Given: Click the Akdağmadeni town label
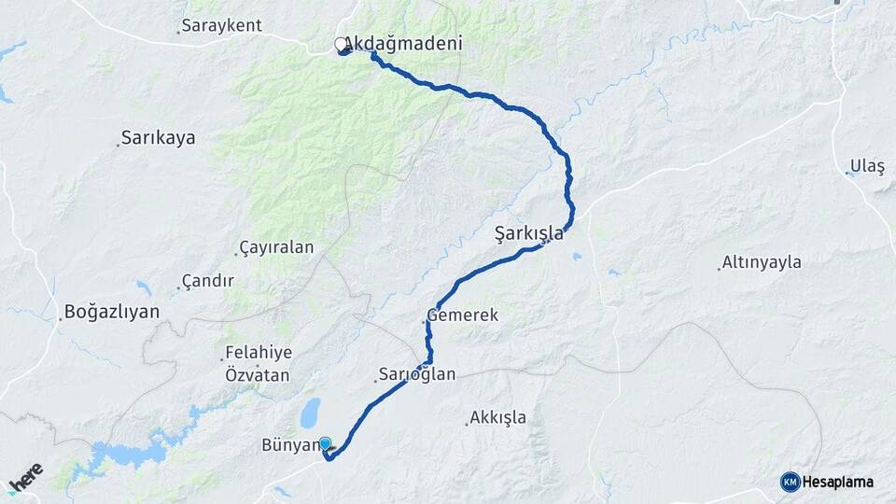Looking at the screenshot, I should (404, 44).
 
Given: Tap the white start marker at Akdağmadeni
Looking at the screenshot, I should (342, 44).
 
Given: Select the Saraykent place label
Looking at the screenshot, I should (223, 25).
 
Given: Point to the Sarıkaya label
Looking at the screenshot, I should (160, 138).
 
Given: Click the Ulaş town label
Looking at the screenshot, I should (867, 166).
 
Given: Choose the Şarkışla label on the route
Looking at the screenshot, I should (529, 233).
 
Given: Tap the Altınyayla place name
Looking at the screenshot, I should (763, 262).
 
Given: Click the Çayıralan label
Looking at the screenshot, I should (277, 247).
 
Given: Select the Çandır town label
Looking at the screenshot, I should (207, 280).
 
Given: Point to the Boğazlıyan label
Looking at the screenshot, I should (112, 312).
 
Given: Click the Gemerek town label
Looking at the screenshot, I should (463, 315).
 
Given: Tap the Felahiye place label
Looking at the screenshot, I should (259, 353).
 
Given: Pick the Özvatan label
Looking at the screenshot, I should (258, 375).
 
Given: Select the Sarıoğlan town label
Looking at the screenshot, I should (418, 375).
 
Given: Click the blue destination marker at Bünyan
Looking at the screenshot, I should (325, 443).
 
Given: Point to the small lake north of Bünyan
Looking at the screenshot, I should (310, 411).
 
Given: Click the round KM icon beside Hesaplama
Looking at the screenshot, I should (791, 482).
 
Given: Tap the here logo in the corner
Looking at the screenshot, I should (25, 478).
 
